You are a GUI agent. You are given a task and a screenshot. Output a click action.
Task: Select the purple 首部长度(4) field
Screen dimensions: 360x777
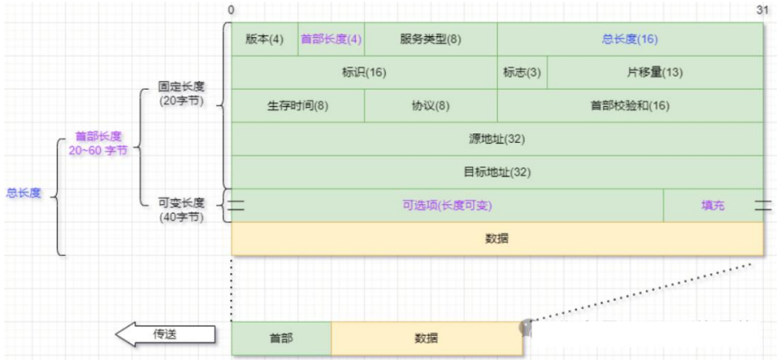tap(331, 39)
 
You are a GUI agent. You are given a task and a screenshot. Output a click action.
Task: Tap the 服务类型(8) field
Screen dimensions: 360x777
tap(431, 39)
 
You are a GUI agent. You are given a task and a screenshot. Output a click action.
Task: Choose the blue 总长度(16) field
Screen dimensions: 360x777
tap(630, 39)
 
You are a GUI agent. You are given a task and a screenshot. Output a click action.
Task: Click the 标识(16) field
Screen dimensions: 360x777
tap(364, 72)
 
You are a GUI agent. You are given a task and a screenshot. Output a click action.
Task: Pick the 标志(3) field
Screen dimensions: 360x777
tap(522, 72)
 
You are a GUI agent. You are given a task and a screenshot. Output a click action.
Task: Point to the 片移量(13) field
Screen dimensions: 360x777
tap(655, 72)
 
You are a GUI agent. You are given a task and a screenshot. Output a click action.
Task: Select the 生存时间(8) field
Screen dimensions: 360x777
tap(297, 106)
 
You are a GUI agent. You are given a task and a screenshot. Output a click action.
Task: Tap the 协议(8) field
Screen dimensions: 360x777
tap(431, 106)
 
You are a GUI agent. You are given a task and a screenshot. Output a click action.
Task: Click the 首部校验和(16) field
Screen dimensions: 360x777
tap(630, 106)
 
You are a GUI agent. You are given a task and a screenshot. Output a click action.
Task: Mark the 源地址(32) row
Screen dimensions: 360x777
tap(497, 139)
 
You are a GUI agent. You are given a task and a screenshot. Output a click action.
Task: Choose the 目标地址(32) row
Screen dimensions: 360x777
tap(497, 172)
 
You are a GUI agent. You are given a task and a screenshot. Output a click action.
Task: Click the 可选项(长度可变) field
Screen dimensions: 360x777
tap(447, 206)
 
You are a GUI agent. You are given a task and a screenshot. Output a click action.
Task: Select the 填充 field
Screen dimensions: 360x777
tap(712, 206)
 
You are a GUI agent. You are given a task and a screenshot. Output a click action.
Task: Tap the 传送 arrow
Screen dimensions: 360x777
tap(164, 334)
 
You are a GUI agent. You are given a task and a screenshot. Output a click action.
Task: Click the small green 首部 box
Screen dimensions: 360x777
tap(281, 338)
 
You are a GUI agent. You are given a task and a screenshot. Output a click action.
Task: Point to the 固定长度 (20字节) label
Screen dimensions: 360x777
tap(181, 94)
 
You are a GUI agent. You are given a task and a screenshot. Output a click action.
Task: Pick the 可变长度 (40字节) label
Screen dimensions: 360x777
tap(181, 209)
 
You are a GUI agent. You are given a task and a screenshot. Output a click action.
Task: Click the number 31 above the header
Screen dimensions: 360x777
tap(762, 9)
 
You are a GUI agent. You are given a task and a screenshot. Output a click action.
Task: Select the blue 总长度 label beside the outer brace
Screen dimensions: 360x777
tap(24, 193)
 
